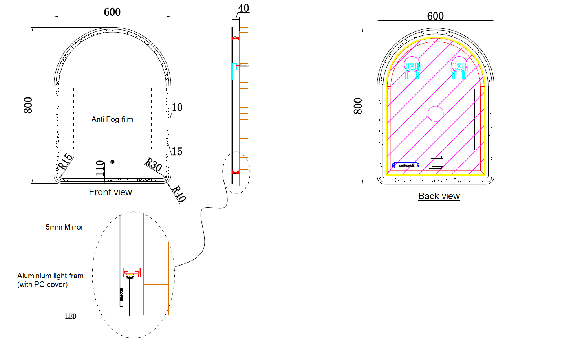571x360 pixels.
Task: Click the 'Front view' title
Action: pos(110,192)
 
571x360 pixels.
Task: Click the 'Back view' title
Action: pos(439,196)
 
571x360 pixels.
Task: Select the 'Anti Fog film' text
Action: pos(112,119)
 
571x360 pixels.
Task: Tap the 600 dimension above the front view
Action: pos(112,12)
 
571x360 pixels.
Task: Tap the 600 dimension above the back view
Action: pos(435,16)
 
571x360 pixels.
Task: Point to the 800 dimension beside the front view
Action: pos(28,105)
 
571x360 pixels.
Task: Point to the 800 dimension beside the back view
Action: pos(358,106)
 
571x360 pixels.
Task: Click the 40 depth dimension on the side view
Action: pos(243,8)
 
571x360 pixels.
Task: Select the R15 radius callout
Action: pos(65,161)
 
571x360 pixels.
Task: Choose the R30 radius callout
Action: pos(153,164)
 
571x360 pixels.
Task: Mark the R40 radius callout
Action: pos(179,194)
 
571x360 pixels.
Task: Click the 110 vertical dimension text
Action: pos(100,168)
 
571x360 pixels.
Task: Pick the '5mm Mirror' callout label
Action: pos(64,227)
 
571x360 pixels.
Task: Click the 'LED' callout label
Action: pos(71,316)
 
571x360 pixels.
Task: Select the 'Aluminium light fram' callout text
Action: pos(50,276)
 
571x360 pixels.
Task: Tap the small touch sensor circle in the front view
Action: pos(112,162)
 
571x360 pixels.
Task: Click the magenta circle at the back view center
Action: pos(436,114)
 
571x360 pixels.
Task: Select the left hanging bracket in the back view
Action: pos(412,69)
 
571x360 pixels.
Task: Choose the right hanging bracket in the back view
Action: pos(459,69)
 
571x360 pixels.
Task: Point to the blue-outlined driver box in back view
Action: pos(406,165)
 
